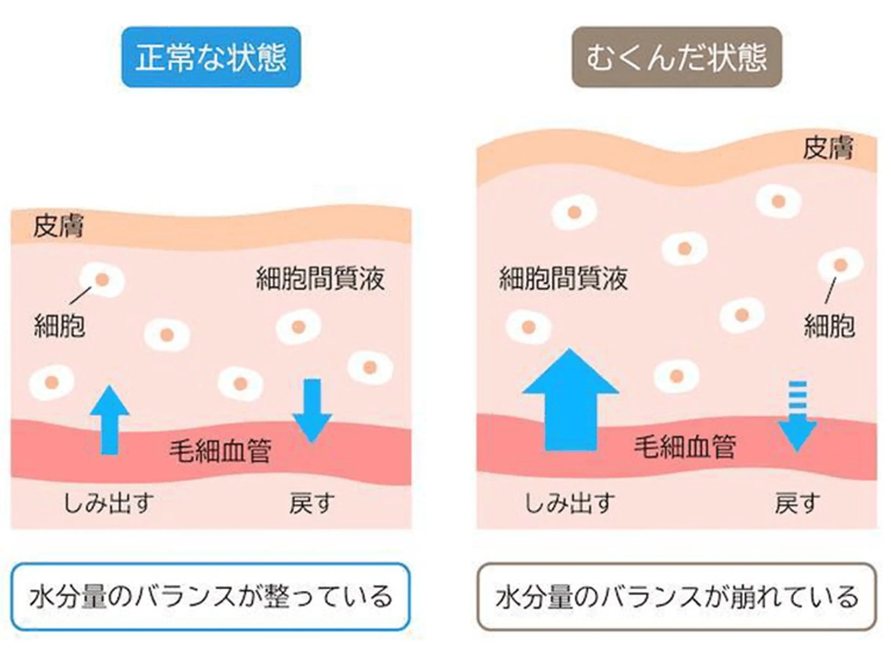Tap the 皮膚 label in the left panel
click(58, 227)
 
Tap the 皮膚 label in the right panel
click(828, 148)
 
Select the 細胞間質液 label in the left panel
click(320, 279)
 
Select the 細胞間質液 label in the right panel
click(563, 279)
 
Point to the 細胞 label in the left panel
click(59, 326)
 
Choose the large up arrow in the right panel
click(570, 401)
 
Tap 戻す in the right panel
click(797, 503)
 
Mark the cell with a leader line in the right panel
click(840, 265)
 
